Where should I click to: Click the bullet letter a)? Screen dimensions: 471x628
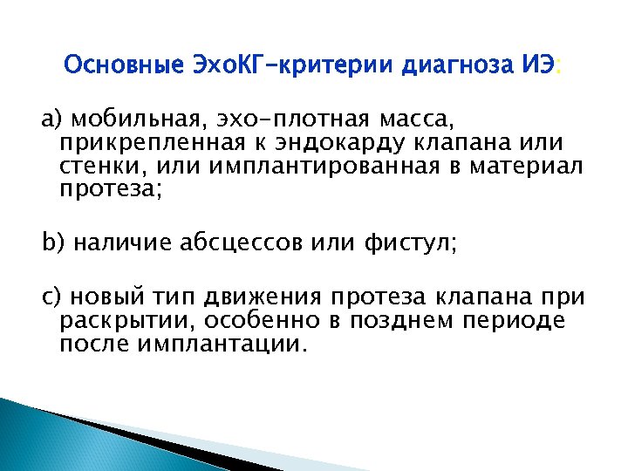click(52, 118)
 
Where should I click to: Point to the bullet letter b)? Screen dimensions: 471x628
click(53, 242)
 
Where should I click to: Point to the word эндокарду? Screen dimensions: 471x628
click(332, 142)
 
